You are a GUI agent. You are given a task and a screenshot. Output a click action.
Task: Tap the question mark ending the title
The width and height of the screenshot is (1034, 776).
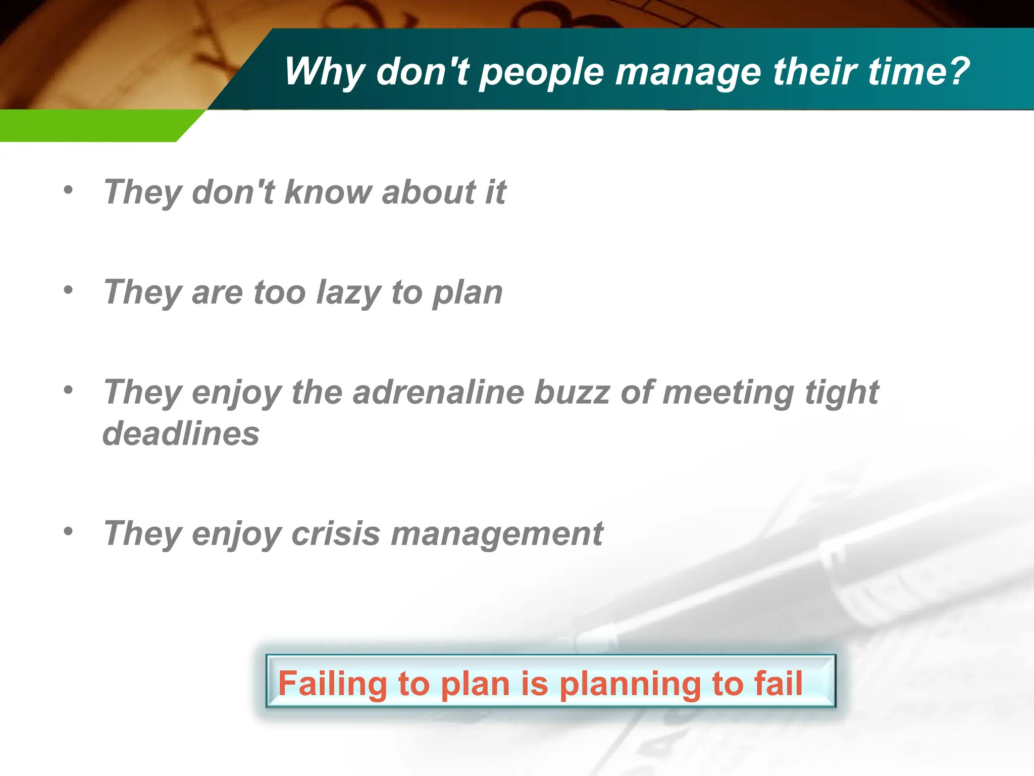click(x=956, y=70)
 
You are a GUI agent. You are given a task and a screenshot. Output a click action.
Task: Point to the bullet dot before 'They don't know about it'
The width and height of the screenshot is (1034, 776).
click(x=68, y=190)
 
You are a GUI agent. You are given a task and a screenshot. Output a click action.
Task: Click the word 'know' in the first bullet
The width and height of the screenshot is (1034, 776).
click(x=328, y=192)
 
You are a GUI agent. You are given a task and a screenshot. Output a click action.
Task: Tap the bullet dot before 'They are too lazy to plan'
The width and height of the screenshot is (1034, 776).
click(x=68, y=290)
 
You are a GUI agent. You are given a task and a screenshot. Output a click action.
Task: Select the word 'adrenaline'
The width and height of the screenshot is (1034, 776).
click(x=438, y=392)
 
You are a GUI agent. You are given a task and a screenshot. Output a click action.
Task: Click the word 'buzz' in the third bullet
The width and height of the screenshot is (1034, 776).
click(x=572, y=392)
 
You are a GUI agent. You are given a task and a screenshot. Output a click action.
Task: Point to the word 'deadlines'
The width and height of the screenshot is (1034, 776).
click(x=181, y=433)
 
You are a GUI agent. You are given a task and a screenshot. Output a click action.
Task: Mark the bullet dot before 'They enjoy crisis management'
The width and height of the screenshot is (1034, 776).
click(x=68, y=531)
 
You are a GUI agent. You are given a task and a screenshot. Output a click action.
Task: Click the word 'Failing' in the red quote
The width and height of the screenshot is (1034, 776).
click(x=332, y=684)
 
